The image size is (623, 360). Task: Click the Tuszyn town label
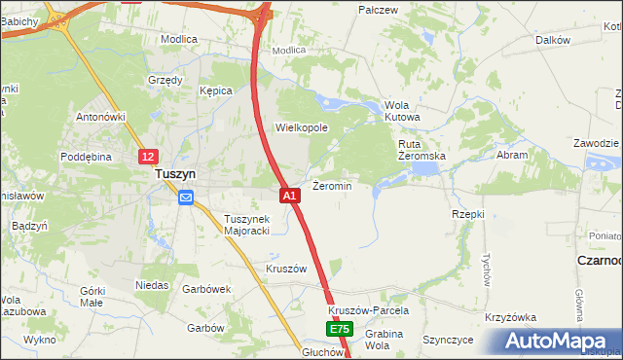176,174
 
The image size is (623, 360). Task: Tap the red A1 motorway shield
289,196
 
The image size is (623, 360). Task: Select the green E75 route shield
338,330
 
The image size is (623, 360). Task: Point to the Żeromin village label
332,185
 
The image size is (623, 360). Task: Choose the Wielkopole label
302,127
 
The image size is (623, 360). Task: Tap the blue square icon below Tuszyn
186,198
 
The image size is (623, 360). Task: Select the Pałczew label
379,10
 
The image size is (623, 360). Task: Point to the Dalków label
552,40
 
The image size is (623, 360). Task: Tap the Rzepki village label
468,213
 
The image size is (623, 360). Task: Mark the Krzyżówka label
511,318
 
